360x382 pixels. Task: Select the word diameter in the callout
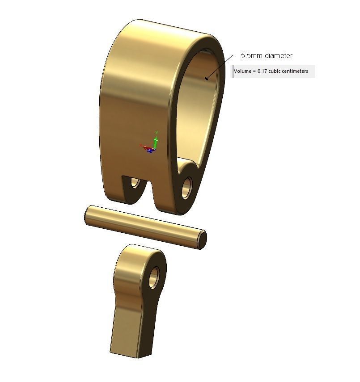pyautogui.click(x=278, y=56)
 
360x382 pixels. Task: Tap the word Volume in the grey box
pyautogui.click(x=243, y=71)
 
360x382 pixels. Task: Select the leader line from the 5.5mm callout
pyautogui.click(x=220, y=66)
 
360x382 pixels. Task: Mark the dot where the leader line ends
pyautogui.click(x=207, y=79)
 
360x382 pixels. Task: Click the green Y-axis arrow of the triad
pyautogui.click(x=157, y=136)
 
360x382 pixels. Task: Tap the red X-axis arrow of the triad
pyautogui.click(x=144, y=146)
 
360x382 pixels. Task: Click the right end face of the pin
pyautogui.click(x=202, y=239)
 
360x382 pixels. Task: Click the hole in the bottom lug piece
pyautogui.click(x=154, y=277)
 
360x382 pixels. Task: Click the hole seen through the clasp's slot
pyautogui.click(x=134, y=183)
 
